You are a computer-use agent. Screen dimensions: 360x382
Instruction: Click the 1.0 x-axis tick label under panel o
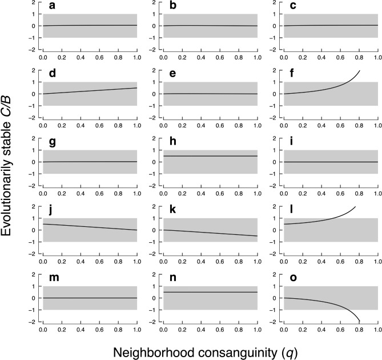click(377, 329)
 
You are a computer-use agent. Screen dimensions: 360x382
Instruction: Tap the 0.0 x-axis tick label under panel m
click(42, 329)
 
